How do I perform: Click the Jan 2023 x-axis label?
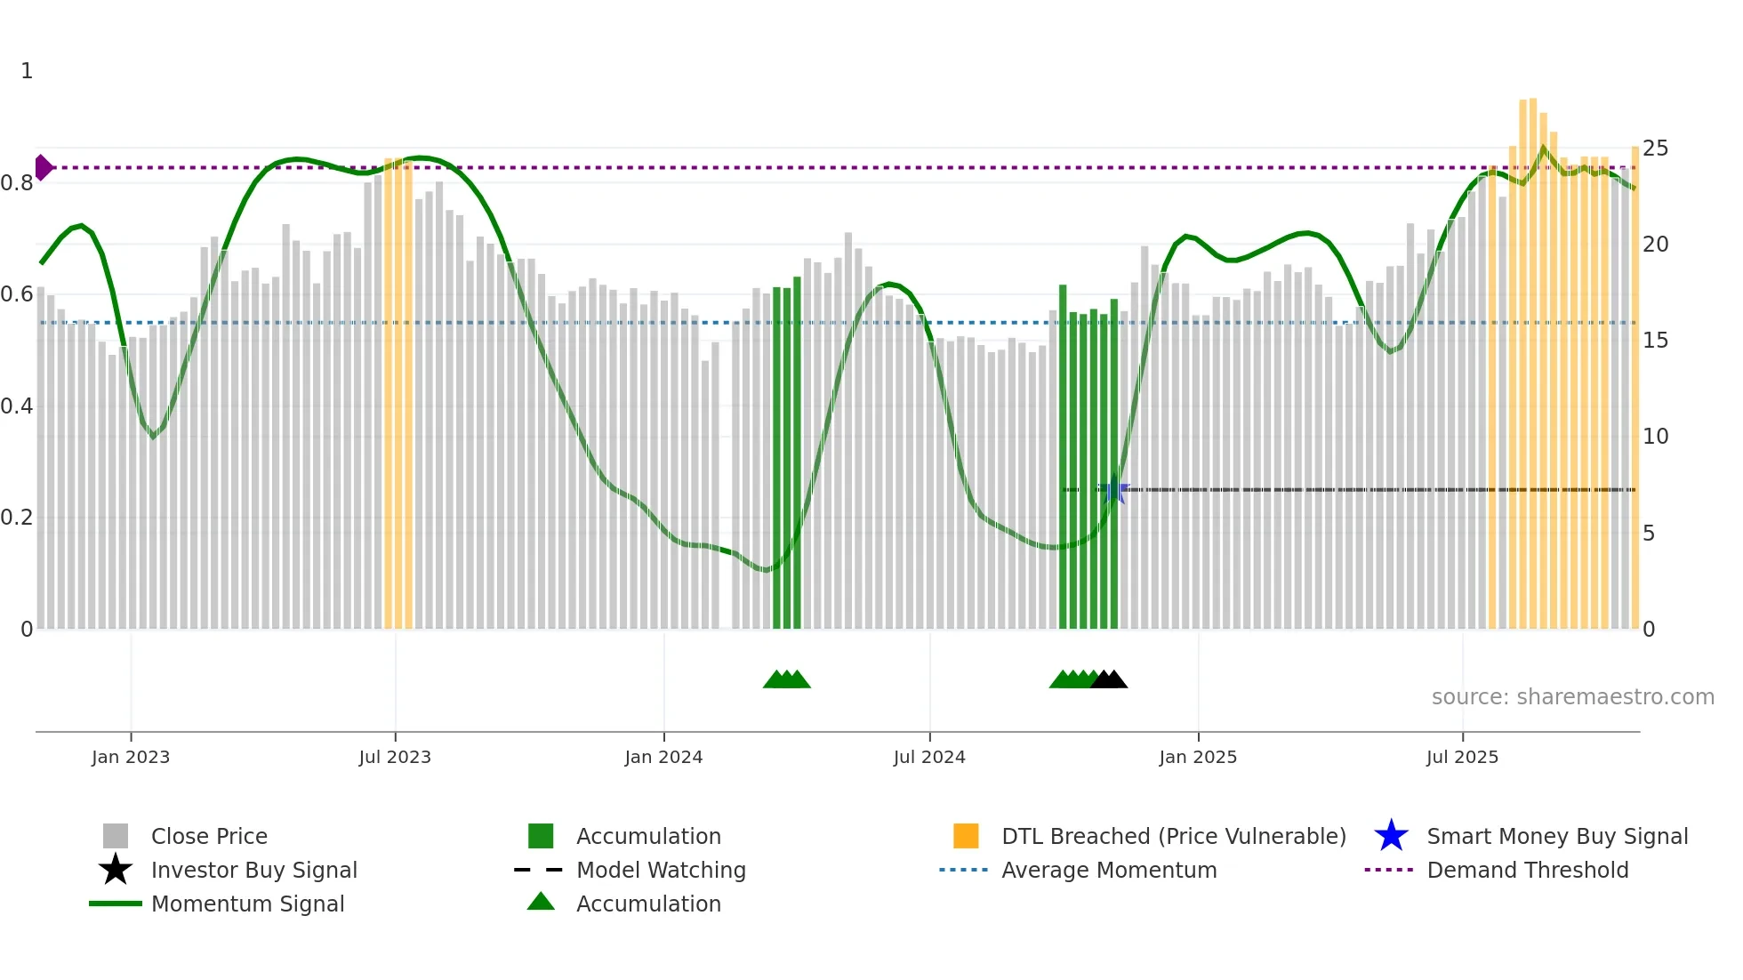pos(131,757)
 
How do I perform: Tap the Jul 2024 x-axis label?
pos(929,757)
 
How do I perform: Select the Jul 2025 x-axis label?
pos(1462,757)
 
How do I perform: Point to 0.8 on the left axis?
pos(18,183)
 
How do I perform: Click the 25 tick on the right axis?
pos(1655,149)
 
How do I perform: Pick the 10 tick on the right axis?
pos(1655,437)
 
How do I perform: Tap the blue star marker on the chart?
pos(1113,490)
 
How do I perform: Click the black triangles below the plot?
pos(1109,679)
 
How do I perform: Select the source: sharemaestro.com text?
pos(1572,697)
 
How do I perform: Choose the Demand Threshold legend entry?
pos(1527,870)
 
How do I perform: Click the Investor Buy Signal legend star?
pos(116,870)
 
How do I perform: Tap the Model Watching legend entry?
pos(660,870)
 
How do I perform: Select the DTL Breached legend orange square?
pos(966,836)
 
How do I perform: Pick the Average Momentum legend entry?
pos(1108,870)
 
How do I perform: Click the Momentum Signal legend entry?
pos(247,904)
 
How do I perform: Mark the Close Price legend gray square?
pos(116,836)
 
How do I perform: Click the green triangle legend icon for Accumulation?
pos(541,902)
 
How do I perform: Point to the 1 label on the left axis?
pos(27,71)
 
